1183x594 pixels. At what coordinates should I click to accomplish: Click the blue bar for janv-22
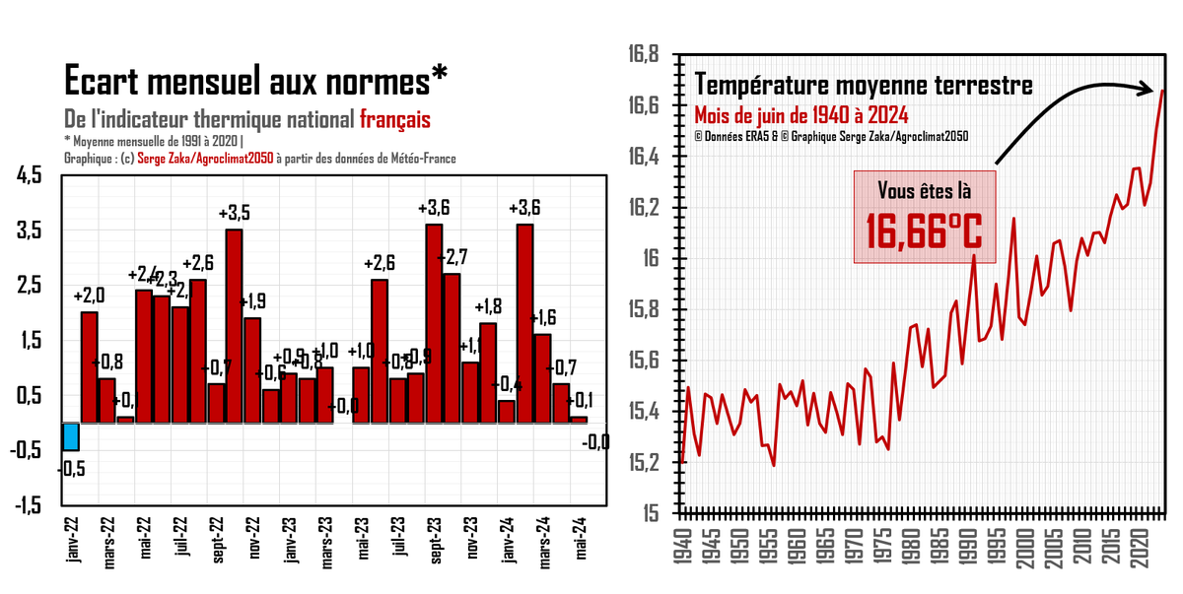[x=70, y=436]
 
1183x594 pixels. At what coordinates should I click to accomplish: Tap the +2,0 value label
[x=89, y=296]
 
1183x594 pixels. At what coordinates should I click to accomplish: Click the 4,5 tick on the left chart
[x=29, y=175]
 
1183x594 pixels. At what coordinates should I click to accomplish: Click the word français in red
[x=394, y=119]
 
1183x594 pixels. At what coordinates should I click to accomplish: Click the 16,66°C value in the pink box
[x=925, y=231]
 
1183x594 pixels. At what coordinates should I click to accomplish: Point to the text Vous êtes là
[x=925, y=190]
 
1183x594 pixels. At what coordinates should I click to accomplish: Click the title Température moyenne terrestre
[x=865, y=85]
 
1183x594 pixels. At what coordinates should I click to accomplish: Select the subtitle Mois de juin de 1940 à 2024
[x=800, y=113]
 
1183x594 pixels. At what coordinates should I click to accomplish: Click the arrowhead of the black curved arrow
[x=1150, y=89]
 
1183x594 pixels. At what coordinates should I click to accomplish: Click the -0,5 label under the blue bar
[x=71, y=470]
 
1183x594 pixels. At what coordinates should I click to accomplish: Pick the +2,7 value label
[x=454, y=258]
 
